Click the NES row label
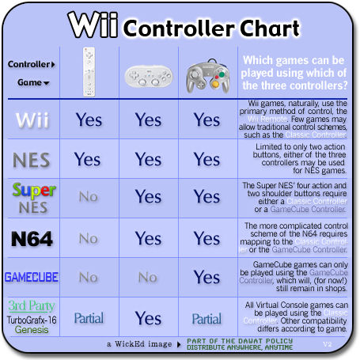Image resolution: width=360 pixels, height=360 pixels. [x=32, y=160]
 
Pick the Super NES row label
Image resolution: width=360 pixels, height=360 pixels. [x=32, y=198]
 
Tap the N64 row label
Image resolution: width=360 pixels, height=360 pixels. [x=32, y=238]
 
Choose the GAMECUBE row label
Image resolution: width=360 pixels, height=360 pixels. [x=32, y=277]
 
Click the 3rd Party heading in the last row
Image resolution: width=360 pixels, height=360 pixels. [x=32, y=305]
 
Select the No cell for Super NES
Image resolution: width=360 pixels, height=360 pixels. [x=88, y=197]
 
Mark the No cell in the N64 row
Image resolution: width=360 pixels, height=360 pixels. [x=88, y=238]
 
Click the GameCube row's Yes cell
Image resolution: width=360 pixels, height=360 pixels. [x=207, y=277]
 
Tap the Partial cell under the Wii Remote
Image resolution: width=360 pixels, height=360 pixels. [x=88, y=318]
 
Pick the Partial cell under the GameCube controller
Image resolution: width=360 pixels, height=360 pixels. [x=207, y=318]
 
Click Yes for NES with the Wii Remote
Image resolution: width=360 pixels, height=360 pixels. [x=88, y=159]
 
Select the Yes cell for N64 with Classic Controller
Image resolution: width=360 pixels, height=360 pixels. [x=148, y=238]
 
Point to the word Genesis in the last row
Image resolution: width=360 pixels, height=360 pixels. [x=32, y=330]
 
